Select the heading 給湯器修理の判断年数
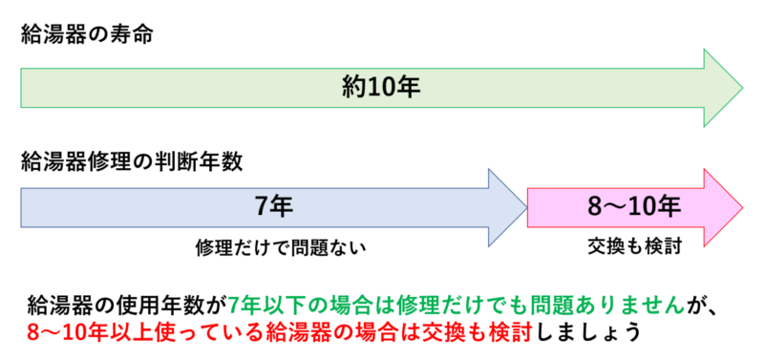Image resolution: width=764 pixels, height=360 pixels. pos(131,159)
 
